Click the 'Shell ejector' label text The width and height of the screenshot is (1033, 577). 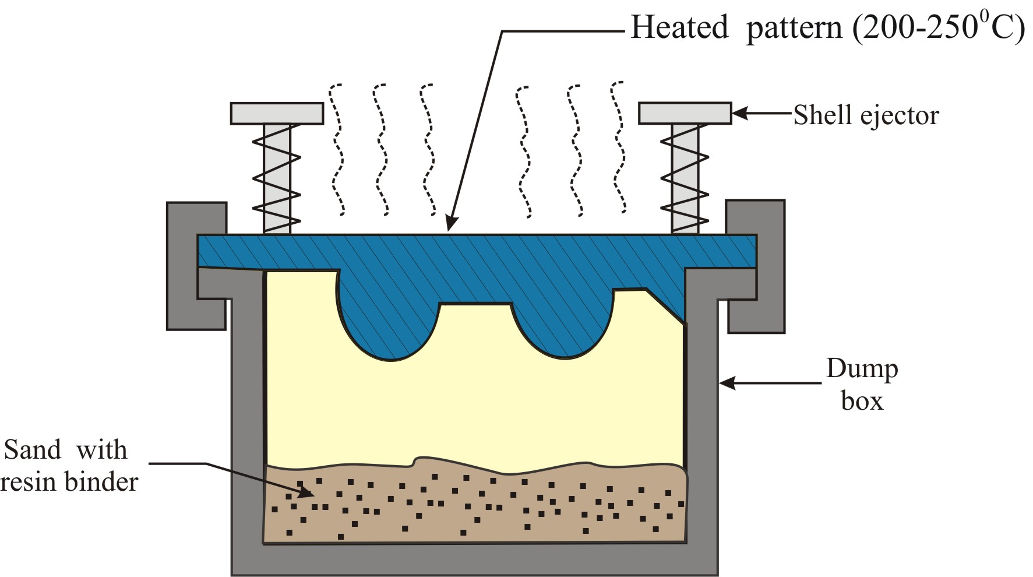(x=866, y=115)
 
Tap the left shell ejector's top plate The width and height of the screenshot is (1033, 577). (x=277, y=113)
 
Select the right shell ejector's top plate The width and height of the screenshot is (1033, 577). (x=685, y=113)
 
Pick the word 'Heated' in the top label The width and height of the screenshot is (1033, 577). (x=679, y=27)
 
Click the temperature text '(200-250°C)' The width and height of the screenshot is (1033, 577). (x=939, y=27)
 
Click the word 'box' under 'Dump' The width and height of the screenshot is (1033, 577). (x=862, y=402)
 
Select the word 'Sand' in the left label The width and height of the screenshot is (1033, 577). (x=32, y=450)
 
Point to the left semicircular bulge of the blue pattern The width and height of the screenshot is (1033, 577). (x=389, y=332)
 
